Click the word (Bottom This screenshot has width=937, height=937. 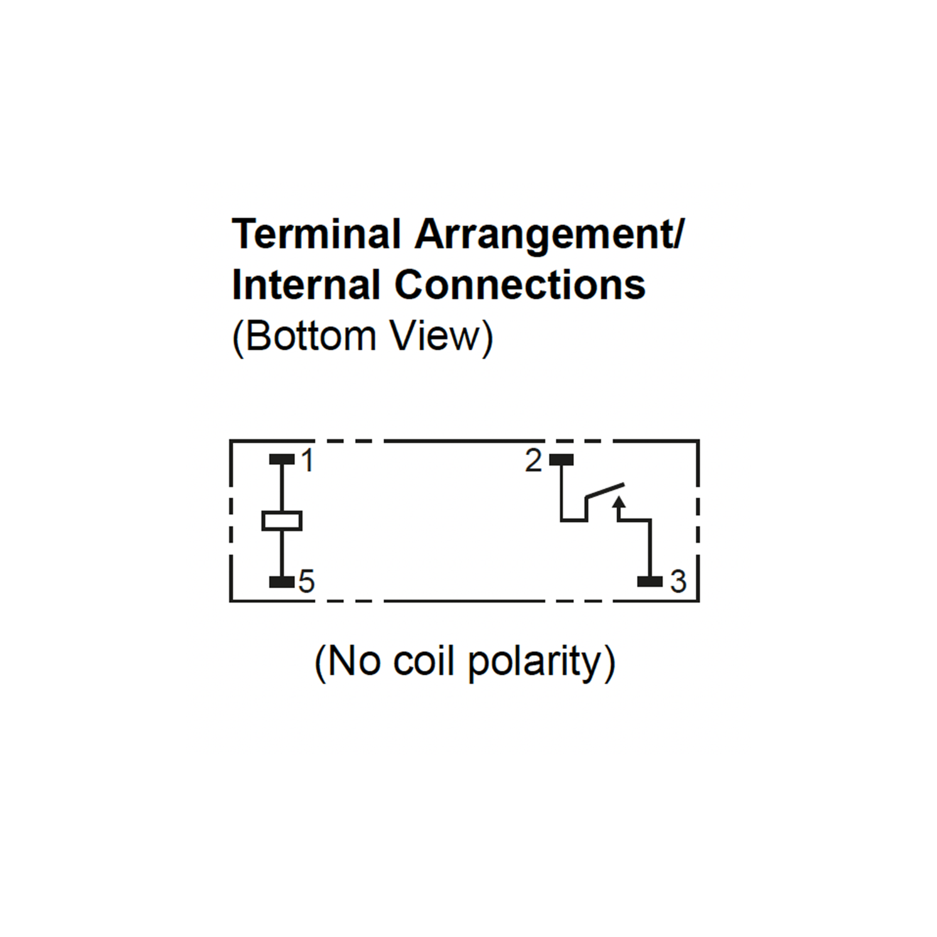(304, 337)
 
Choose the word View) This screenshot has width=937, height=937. (442, 337)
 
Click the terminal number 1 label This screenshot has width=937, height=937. (308, 460)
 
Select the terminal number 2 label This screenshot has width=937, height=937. (533, 460)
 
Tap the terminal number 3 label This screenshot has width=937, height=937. (679, 581)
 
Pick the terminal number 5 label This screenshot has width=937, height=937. (306, 581)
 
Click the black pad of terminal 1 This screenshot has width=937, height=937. (282, 459)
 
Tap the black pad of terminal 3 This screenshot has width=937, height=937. (650, 581)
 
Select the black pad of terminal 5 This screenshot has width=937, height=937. (282, 581)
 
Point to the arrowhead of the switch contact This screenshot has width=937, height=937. (619, 502)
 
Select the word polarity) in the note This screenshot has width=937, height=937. (542, 664)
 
